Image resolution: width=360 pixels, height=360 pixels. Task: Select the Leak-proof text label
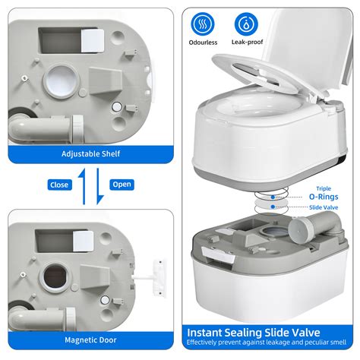tap(248, 44)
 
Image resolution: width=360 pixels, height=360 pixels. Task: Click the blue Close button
tap(58, 185)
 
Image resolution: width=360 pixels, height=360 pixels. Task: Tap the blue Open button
tap(122, 185)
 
